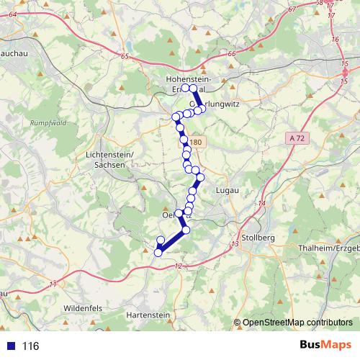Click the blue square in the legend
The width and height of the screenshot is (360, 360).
tap(9, 346)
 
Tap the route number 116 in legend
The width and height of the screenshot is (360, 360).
tap(30, 346)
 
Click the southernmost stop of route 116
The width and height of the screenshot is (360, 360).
tap(158, 252)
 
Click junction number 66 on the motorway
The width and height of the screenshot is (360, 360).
tap(230, 54)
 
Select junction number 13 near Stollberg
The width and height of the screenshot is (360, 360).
tap(235, 246)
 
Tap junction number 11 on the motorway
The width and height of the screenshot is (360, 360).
tap(52, 285)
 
